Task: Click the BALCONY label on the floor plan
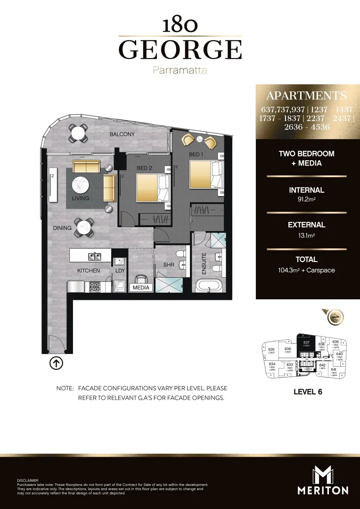point(122,134)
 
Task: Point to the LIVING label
point(81,199)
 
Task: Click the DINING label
point(62,228)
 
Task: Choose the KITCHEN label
point(89,271)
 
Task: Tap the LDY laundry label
point(120,271)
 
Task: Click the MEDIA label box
point(141,287)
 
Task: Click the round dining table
point(83,227)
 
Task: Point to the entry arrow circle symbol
point(56,363)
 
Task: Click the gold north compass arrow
point(336,317)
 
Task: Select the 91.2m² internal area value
point(306,200)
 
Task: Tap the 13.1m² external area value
point(306,235)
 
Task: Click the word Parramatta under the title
point(180,70)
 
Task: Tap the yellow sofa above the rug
point(86,166)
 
